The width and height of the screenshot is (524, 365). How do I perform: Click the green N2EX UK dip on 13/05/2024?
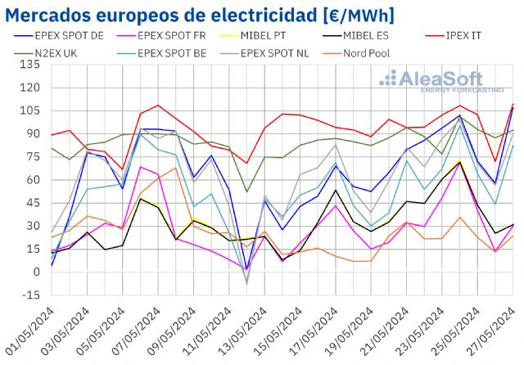coord(247,192)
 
